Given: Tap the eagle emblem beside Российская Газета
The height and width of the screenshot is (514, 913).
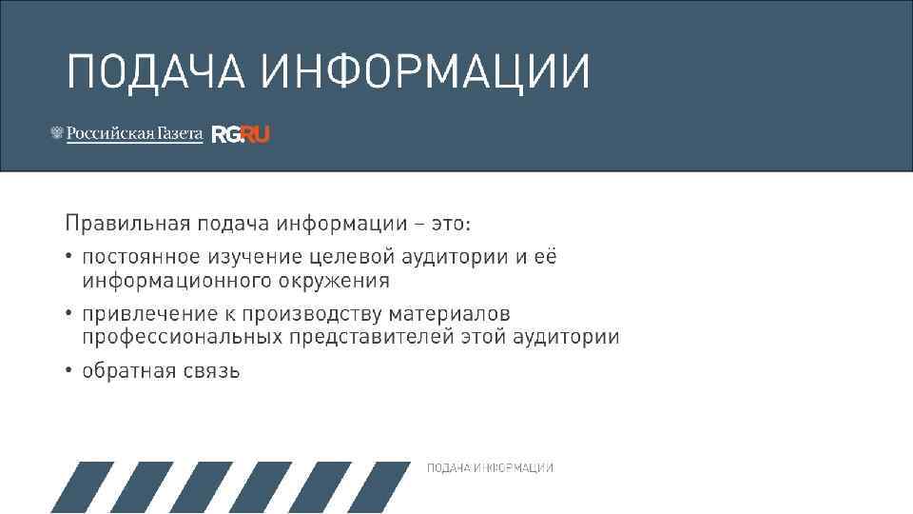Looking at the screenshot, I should [56, 134].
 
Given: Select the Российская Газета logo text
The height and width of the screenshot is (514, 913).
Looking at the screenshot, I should [134, 134].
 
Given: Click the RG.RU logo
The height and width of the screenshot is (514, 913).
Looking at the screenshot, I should [241, 135].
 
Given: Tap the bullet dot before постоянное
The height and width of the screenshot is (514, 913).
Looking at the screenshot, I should [69, 257].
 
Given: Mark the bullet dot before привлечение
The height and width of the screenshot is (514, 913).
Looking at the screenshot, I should [69, 314].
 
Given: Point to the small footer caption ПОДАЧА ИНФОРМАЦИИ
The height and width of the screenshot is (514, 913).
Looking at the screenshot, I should [490, 468].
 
